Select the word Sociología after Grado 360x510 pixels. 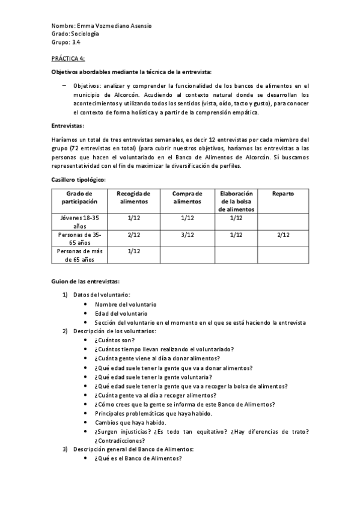(85, 34)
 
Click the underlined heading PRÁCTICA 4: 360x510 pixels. (68, 58)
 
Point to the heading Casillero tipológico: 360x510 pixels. (78, 180)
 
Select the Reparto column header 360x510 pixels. (282, 194)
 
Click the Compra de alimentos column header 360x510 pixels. (188, 197)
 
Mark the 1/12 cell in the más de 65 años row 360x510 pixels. (134, 251)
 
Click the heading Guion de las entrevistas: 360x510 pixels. (85, 281)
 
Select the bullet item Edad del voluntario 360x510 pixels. (120, 313)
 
